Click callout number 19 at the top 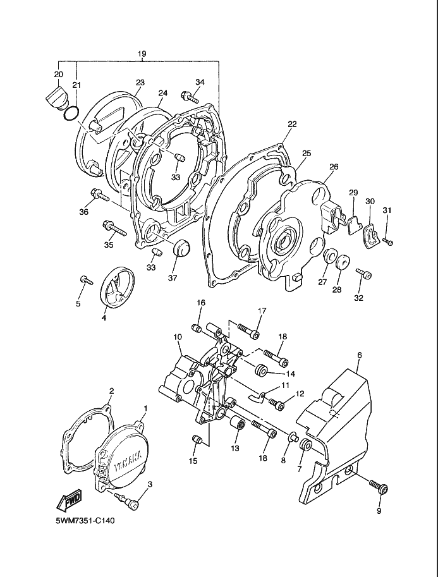point(142,54)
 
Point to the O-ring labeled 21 point(71,113)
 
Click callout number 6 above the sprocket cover point(360,355)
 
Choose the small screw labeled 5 point(87,280)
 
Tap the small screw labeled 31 point(387,241)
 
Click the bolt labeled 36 point(99,195)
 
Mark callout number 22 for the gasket point(292,124)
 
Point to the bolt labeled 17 point(249,331)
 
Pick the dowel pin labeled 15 point(197,439)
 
